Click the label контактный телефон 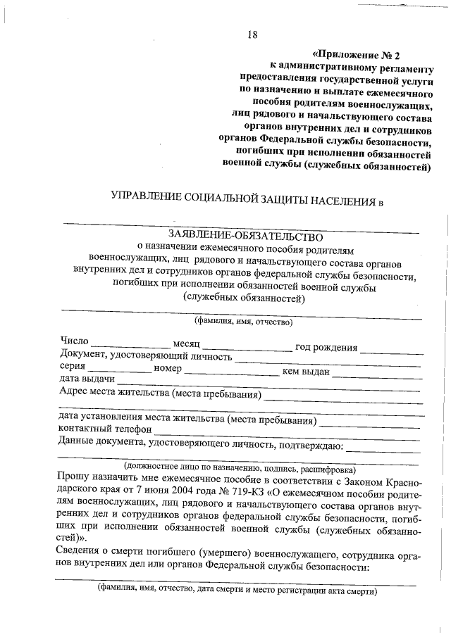point(105,429)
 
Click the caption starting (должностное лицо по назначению point(240,467)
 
